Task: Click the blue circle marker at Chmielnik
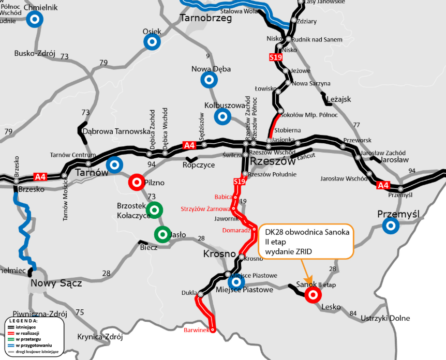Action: point(35,19)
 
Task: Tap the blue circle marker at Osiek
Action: point(152,42)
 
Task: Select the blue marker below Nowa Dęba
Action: point(209,80)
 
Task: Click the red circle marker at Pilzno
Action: point(137,182)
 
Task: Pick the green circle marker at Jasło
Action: point(163,234)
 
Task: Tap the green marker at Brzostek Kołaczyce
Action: point(154,209)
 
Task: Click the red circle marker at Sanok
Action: point(313,294)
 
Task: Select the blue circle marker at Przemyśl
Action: point(391,225)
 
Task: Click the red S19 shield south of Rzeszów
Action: point(239,182)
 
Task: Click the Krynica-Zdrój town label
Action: point(100,337)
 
